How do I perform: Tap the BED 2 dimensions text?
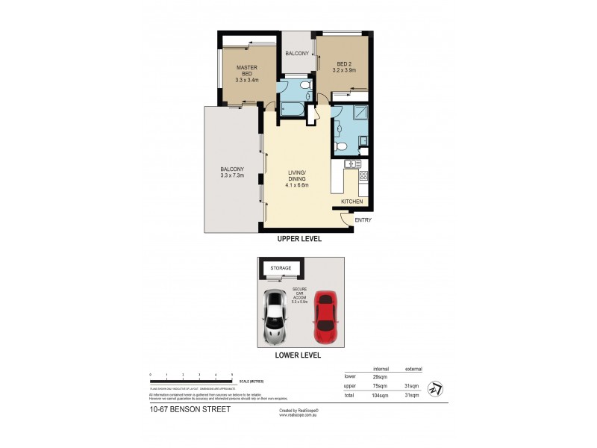pos(344,71)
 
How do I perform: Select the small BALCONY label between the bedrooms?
pos(297,53)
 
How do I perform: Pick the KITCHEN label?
pos(352,202)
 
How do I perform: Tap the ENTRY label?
pos(363,220)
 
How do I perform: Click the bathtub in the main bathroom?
pos(291,111)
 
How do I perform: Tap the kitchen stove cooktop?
pos(363,176)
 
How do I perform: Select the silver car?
pos(275,314)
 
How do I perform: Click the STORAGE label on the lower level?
pos(281,267)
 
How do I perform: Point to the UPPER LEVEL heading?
pos(298,239)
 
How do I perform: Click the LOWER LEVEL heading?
pos(298,355)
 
